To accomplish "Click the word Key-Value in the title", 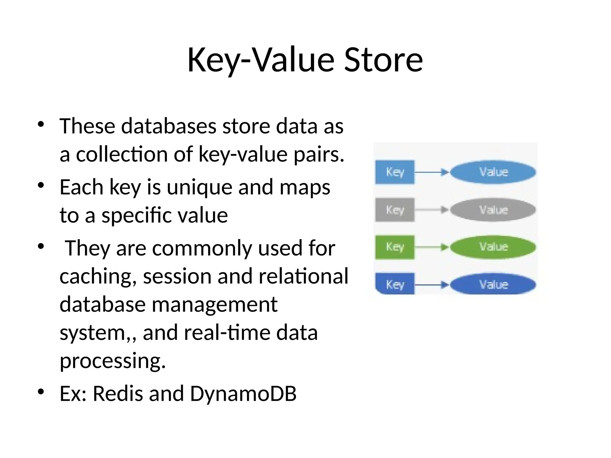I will (260, 60).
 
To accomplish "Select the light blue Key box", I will (395, 172).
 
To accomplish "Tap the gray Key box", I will (395, 210).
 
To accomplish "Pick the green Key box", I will (395, 247).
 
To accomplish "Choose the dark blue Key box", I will (395, 284).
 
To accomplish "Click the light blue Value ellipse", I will (493, 172).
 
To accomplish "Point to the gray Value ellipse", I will (493, 210).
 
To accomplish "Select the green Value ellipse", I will (493, 247).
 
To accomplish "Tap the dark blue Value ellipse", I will (493, 284).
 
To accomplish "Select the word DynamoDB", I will (243, 394).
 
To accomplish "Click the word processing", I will (112, 361).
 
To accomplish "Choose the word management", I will (215, 305).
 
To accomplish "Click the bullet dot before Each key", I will (41, 185).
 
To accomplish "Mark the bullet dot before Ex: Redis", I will (41, 392).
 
